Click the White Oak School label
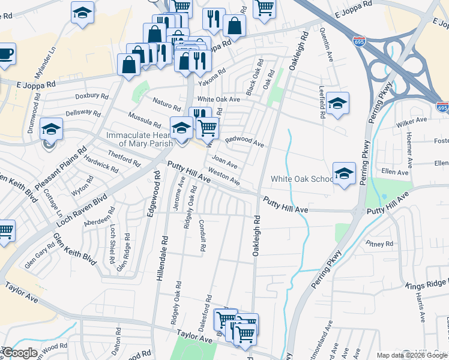tap(302, 179)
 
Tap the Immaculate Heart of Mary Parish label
tap(139, 139)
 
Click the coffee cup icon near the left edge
tap(6, 54)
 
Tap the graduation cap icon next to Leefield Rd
tap(338, 103)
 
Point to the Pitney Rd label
tap(379, 244)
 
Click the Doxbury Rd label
tap(91, 96)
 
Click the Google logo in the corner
tap(20, 353)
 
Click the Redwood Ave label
tap(244, 142)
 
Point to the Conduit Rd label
tap(203, 234)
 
